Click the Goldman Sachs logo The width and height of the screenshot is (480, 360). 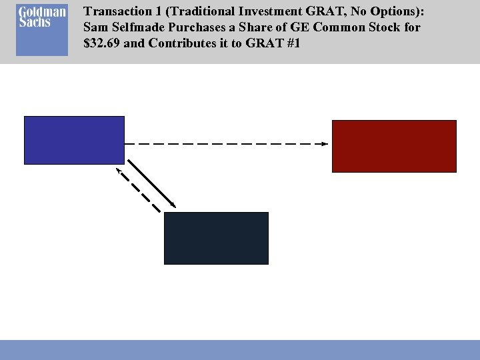42,31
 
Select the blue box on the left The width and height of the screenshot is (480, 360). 74,140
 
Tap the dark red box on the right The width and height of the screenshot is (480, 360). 394,146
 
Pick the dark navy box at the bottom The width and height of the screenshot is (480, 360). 216,238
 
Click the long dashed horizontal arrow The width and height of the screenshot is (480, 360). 227,143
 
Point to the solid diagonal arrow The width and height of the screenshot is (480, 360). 152,183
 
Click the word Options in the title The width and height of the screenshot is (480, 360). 399,11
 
